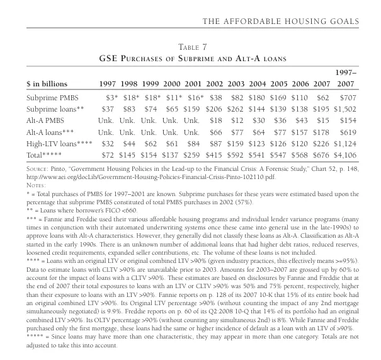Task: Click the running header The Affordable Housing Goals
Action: click(x=280, y=21)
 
